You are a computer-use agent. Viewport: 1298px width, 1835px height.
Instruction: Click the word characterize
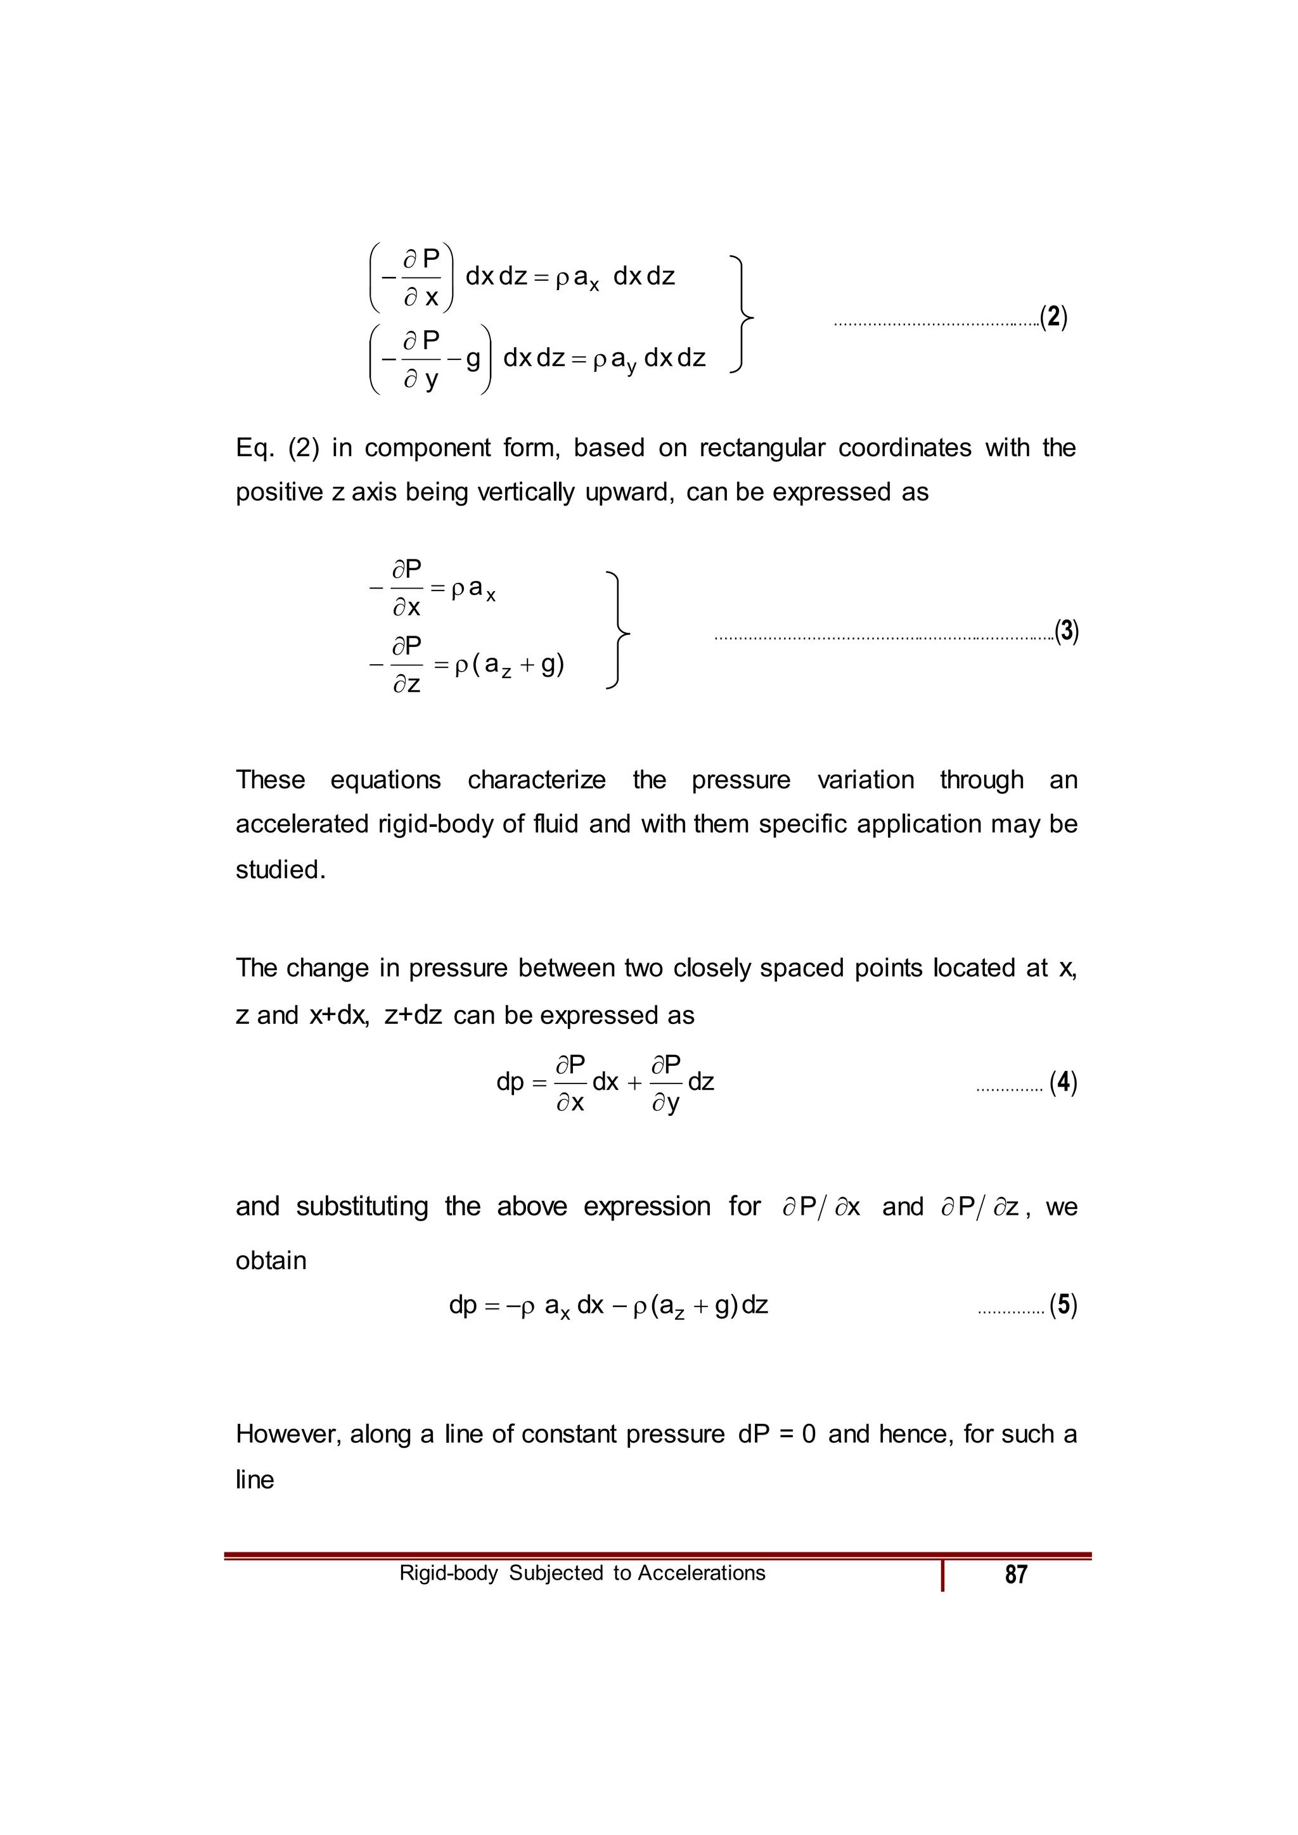[536, 779]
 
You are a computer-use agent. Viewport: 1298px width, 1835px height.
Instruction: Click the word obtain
[271, 1260]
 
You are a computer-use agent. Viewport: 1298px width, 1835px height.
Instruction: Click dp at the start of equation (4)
[510, 1082]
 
